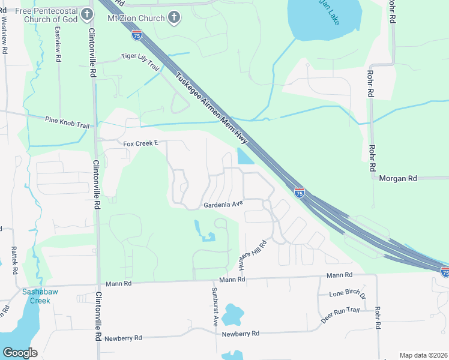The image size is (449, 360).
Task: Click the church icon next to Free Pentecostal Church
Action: coord(88,14)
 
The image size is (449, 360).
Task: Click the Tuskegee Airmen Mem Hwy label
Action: coord(212,112)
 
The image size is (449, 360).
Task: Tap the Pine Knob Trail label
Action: coord(67,122)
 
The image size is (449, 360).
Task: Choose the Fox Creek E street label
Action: coord(140,144)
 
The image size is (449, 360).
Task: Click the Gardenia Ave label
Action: coord(223,204)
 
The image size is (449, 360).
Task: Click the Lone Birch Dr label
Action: coord(348,294)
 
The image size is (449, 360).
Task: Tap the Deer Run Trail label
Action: coord(340,314)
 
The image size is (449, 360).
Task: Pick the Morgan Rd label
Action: coord(397,178)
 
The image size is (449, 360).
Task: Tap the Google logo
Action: coord(20,353)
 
